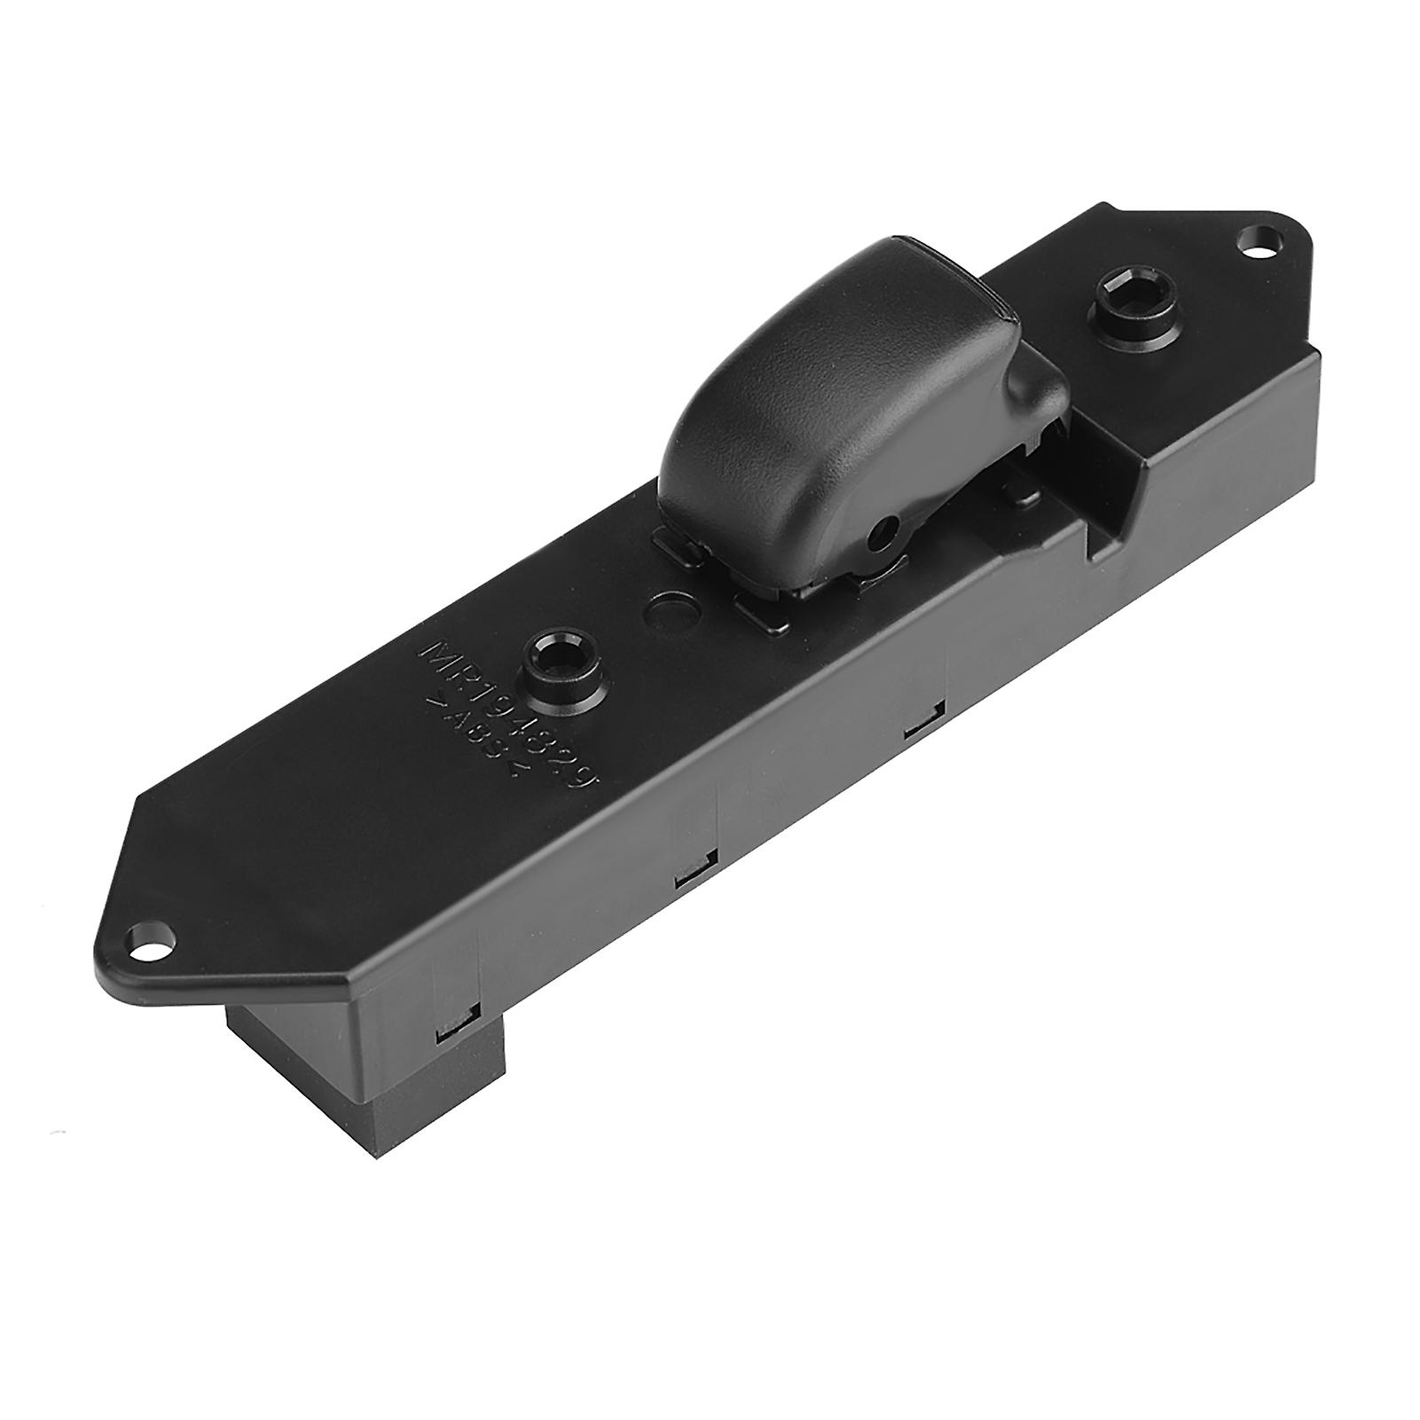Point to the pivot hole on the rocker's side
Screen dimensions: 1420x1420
click(883, 531)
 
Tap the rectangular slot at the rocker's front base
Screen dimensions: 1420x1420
click(761, 611)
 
